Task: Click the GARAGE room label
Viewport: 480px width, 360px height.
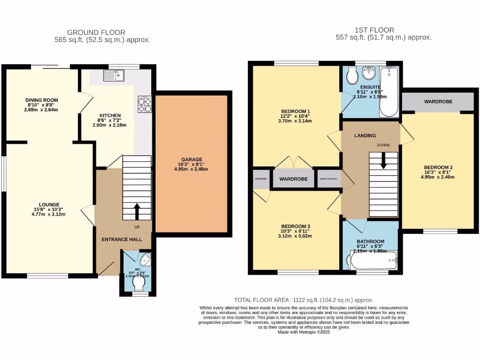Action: click(193, 159)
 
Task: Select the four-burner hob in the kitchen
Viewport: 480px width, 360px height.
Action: click(144, 105)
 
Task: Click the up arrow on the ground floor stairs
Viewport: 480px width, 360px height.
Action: click(137, 211)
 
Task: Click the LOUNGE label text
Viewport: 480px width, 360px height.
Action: click(49, 204)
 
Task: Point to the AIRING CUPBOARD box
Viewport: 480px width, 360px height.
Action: click(330, 179)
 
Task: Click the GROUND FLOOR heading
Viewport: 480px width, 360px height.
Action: click(96, 32)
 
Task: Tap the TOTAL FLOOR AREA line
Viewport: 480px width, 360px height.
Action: click(304, 300)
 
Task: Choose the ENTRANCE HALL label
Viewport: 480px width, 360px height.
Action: click(122, 240)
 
